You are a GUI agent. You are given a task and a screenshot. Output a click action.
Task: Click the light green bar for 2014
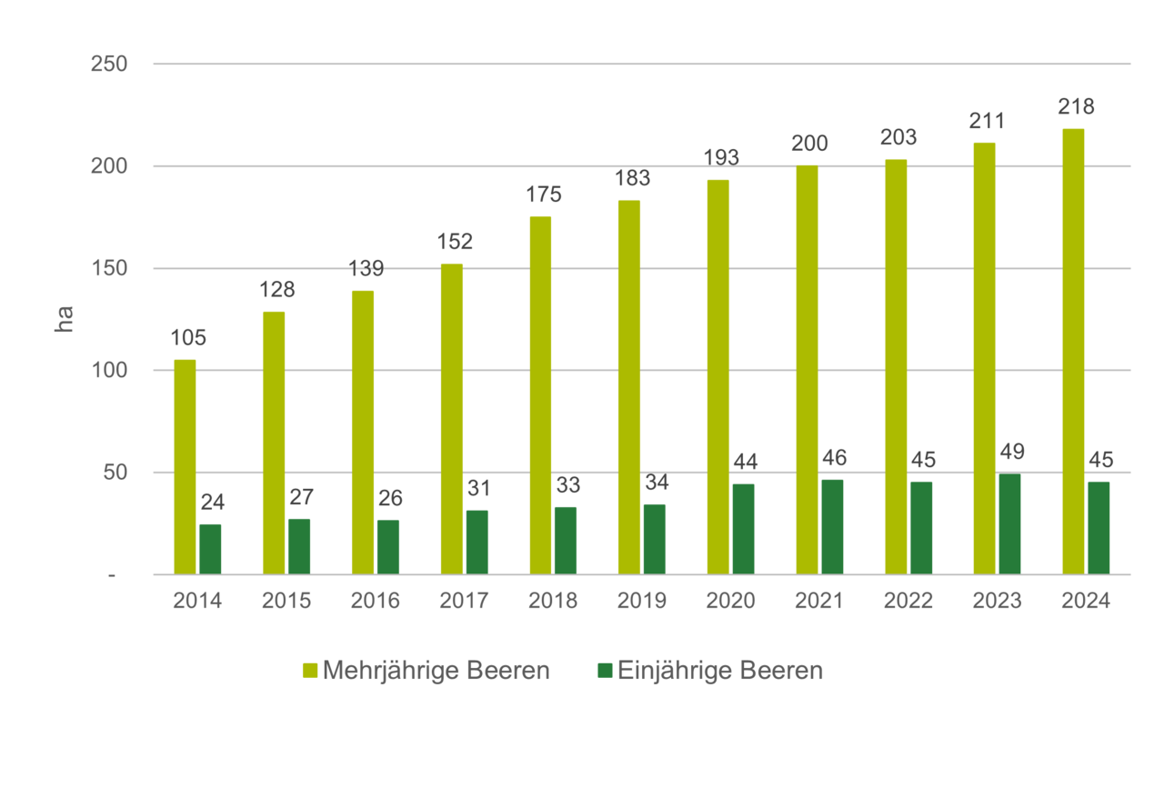(185, 465)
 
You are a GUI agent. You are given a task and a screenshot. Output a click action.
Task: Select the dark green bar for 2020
(743, 528)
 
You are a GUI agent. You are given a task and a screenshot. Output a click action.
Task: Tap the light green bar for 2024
(1073, 350)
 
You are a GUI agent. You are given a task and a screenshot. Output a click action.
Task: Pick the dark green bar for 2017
(477, 541)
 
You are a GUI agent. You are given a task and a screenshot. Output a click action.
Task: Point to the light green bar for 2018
(540, 393)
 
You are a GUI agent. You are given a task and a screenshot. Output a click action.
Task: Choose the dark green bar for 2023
(1009, 523)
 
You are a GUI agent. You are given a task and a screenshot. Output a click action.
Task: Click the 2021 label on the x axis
(819, 601)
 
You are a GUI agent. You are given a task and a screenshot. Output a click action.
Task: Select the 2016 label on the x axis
(376, 601)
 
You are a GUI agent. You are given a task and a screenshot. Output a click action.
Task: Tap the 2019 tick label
(642, 601)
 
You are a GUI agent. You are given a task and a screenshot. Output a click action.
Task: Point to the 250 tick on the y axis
(108, 65)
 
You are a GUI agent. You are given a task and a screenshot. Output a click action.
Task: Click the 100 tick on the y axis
(108, 371)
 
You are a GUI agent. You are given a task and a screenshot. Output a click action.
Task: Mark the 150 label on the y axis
(108, 269)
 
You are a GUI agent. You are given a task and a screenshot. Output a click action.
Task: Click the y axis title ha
(65, 318)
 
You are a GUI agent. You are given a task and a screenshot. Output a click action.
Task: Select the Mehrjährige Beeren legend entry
(426, 672)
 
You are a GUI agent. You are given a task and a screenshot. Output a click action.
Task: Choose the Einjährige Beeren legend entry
(709, 672)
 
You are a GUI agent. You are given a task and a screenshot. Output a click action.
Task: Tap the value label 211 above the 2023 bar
(987, 120)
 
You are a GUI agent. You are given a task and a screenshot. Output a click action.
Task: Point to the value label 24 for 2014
(212, 502)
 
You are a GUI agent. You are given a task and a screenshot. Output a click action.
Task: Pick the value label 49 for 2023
(1010, 452)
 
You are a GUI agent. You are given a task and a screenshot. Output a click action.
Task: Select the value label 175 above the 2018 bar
(544, 194)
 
